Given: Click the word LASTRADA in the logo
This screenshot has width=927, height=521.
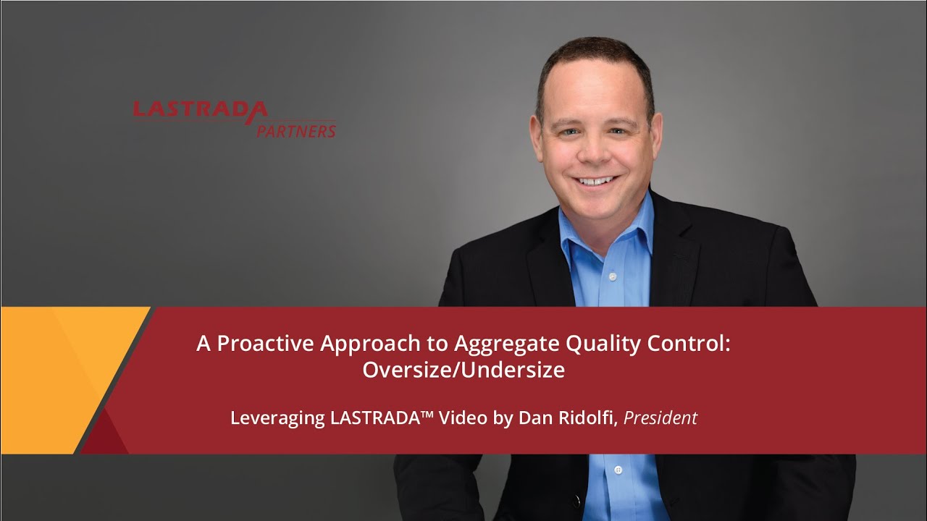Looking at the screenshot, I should pyautogui.click(x=200, y=109).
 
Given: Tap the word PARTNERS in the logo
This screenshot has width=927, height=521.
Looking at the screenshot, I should pyautogui.click(x=296, y=132).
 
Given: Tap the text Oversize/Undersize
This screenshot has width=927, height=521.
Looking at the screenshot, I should pyautogui.click(x=463, y=370).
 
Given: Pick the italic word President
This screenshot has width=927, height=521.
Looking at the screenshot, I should pyautogui.click(x=660, y=418).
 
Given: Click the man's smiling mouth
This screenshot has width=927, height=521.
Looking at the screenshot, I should pyautogui.click(x=596, y=180).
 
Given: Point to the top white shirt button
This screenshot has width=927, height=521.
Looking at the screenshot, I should pyautogui.click(x=612, y=276).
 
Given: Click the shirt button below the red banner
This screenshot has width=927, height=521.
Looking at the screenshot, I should pyautogui.click(x=618, y=470).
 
